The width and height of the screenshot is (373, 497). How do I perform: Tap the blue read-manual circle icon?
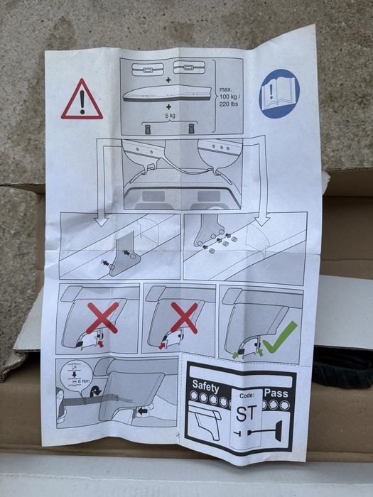(279, 94)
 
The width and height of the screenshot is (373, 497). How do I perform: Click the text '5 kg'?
(170, 116)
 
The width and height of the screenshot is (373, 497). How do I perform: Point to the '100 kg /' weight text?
(230, 97)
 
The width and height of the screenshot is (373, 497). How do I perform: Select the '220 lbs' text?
(229, 104)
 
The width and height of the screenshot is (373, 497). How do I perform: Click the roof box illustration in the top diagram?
(167, 94)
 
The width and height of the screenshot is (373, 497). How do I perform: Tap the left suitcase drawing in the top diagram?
(148, 70)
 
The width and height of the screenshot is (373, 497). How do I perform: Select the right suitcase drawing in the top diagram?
(190, 67)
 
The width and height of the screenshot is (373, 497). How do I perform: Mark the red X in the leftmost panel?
(103, 318)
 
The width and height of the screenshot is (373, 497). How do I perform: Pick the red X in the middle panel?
(185, 317)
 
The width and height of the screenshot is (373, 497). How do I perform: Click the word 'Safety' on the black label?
(205, 386)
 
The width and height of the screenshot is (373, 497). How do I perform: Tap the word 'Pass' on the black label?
(276, 393)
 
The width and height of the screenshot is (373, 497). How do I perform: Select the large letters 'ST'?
(247, 413)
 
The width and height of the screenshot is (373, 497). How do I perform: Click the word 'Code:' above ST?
(247, 395)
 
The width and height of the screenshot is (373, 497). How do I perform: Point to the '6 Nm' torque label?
(84, 381)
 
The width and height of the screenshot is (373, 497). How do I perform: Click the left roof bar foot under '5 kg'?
(148, 129)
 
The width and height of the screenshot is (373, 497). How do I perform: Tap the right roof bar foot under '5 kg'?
(192, 129)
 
